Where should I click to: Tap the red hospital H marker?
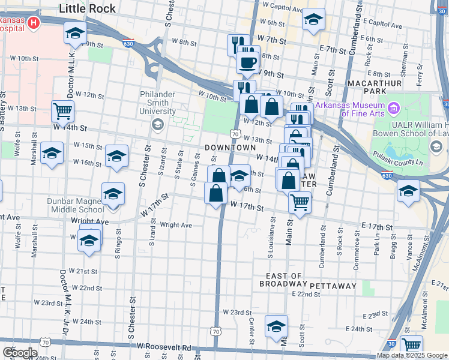(34, 23)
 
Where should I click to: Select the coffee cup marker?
(247, 61)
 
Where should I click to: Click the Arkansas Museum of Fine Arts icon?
(394, 109)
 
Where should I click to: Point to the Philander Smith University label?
(158, 103)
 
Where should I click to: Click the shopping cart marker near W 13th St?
(62, 110)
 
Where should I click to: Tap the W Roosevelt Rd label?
(163, 347)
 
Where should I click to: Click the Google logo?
(19, 353)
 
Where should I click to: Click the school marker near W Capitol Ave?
(313, 19)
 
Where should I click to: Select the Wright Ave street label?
(176, 226)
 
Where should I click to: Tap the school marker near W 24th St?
(276, 326)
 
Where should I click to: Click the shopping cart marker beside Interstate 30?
(411, 345)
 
